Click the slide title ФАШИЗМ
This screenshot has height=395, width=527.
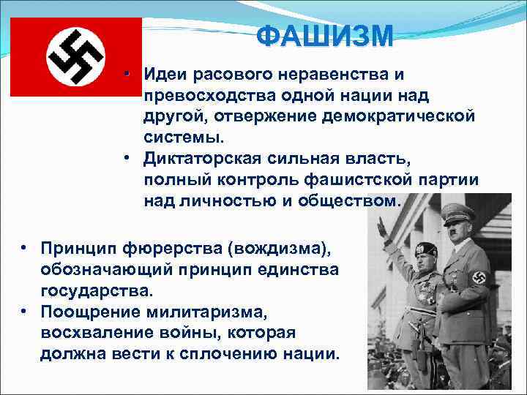point(325,35)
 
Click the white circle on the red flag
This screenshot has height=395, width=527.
point(76,57)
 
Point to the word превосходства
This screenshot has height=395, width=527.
point(206,95)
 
